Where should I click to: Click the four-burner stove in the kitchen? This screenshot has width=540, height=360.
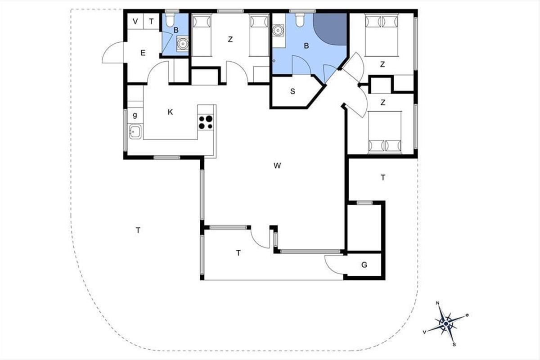206,122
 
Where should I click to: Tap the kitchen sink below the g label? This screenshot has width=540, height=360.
135,132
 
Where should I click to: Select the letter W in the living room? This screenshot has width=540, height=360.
277,166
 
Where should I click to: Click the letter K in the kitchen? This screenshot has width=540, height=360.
170,112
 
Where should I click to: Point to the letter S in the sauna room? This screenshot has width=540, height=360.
292,91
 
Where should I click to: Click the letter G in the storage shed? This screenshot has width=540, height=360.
364,265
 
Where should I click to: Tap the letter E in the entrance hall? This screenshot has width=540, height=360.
143,53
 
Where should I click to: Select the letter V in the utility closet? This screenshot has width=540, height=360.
135,22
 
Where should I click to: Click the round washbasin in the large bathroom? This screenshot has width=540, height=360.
278,31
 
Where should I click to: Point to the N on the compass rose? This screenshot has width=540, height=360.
437,303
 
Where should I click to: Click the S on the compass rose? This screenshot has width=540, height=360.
454,345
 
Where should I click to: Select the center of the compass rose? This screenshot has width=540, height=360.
446,324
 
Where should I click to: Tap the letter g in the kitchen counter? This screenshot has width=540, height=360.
135,115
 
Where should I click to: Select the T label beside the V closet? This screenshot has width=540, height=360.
151,22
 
